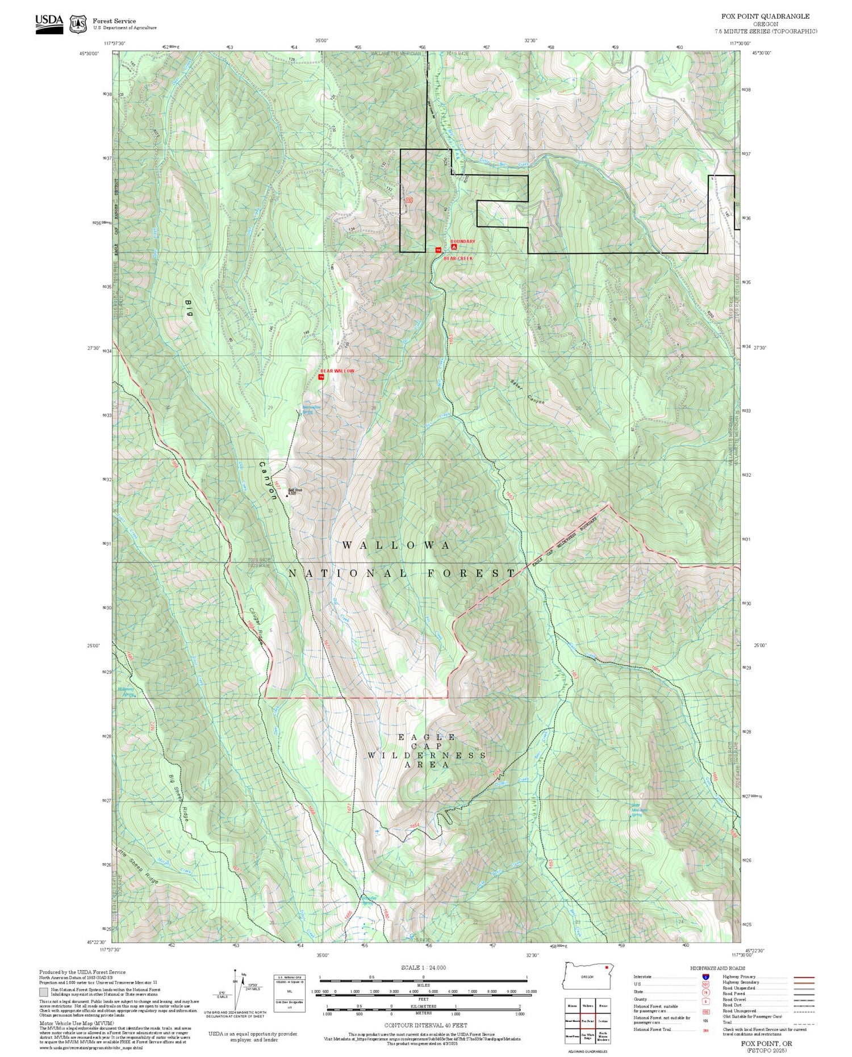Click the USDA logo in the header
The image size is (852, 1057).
[49, 23]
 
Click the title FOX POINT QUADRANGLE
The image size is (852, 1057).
[761, 16]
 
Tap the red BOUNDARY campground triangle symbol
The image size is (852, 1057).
[453, 248]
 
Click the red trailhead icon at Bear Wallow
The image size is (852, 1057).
[321, 377]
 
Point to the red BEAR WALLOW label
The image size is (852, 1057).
[337, 370]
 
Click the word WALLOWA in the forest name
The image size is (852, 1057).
[396, 545]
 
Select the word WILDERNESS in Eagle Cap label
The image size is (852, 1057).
[426, 756]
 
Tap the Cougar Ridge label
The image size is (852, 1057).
[256, 626]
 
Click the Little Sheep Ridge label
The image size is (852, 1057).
[137, 866]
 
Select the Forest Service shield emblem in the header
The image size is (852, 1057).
[78, 24]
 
